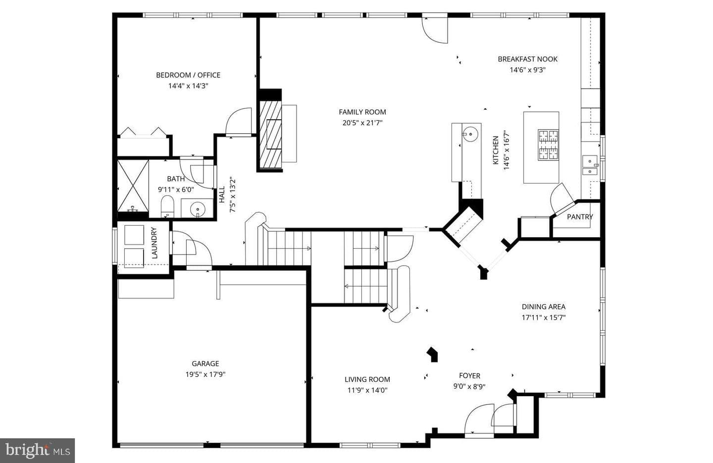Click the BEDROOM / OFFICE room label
(188, 75)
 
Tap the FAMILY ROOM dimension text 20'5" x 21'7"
(362, 123)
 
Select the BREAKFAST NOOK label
(527, 59)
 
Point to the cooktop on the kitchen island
(548, 145)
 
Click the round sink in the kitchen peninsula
(470, 133)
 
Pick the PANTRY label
(580, 217)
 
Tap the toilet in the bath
(167, 206)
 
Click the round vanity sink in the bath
(198, 209)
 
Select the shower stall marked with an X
(133, 186)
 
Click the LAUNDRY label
(154, 243)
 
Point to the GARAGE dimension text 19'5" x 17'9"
(205, 374)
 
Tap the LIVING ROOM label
(367, 379)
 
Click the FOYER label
(469, 376)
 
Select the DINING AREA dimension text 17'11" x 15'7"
(543, 317)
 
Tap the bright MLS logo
(38, 451)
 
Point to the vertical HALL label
(222, 195)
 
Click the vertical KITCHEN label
(496, 151)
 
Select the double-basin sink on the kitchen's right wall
(590, 165)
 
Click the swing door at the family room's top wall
(435, 29)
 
